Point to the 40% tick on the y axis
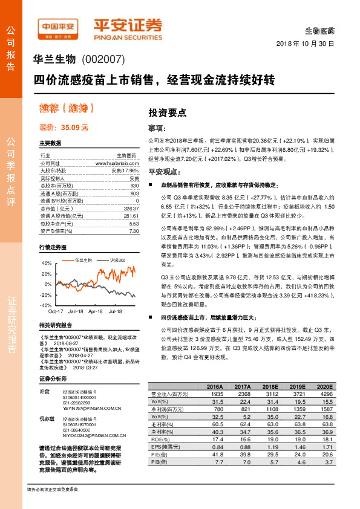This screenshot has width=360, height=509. pos(46,264)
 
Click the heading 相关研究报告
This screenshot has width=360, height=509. pos(53,325)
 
